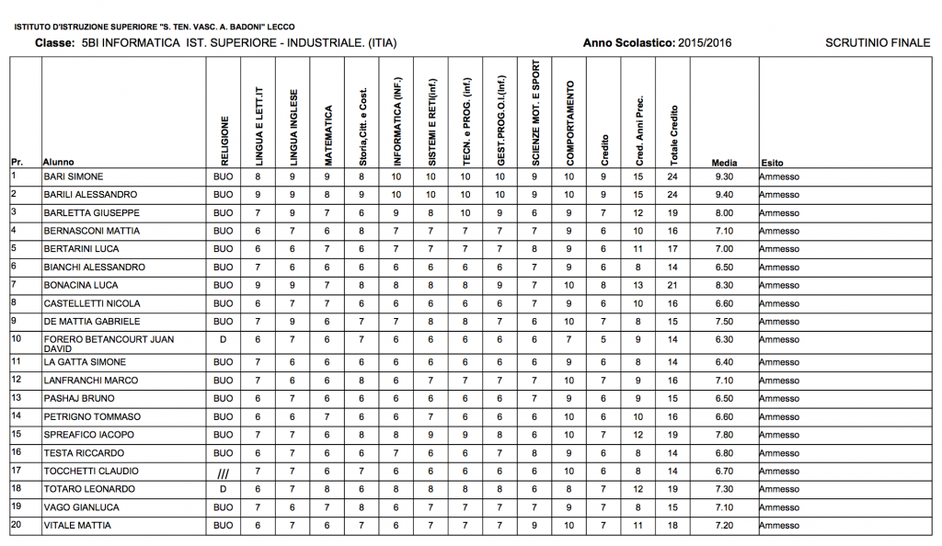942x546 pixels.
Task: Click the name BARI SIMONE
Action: tap(74, 176)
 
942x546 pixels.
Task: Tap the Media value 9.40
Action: tap(724, 195)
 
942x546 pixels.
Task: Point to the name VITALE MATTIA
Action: tap(77, 525)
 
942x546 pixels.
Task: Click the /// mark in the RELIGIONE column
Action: tap(223, 472)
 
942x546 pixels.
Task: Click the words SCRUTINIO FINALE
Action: tap(878, 42)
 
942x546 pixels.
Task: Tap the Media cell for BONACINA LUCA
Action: tap(724, 286)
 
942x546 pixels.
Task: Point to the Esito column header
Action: tap(772, 163)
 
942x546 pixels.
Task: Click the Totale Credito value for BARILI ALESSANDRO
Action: tap(672, 195)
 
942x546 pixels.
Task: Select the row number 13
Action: tap(16, 398)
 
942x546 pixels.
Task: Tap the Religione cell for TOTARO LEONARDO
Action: tap(223, 489)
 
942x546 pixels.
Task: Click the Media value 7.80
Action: tap(724, 435)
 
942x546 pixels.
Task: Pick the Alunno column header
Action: tap(59, 163)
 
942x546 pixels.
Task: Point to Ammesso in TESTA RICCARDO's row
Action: tap(779, 453)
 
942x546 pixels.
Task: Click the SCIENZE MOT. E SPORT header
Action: tap(534, 112)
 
